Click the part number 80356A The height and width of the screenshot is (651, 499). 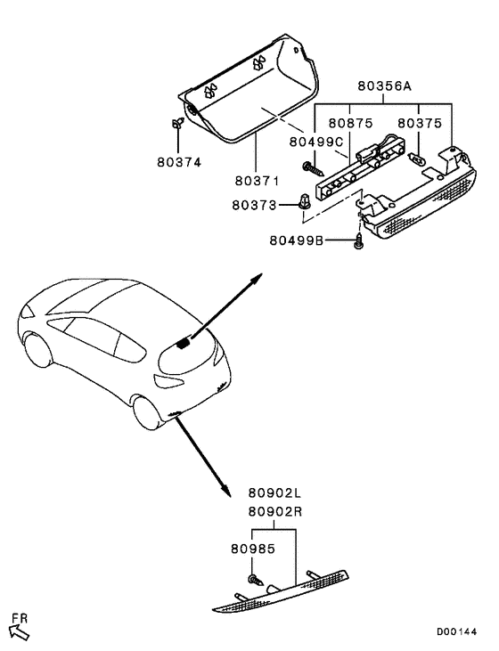[x=383, y=88]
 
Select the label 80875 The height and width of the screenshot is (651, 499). [x=349, y=124]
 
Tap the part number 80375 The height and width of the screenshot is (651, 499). [x=419, y=124]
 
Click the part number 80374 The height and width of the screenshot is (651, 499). [x=179, y=162]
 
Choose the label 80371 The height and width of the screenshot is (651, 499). [x=258, y=180]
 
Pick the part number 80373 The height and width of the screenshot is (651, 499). [x=254, y=205]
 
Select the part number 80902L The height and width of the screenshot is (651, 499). [x=276, y=492]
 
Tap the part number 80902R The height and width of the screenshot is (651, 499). [x=276, y=511]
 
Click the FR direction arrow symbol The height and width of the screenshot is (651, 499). [x=19, y=628]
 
